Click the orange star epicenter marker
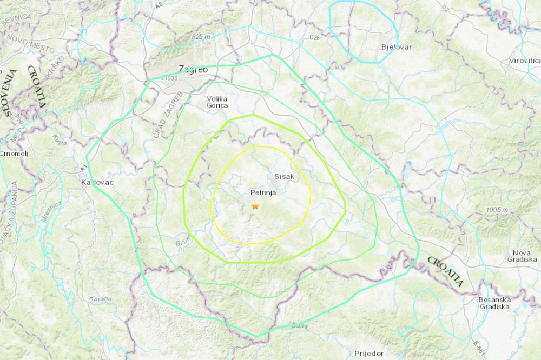255,206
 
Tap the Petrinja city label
263,192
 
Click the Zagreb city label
193,69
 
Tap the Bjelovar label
396,47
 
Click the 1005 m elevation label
496,209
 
